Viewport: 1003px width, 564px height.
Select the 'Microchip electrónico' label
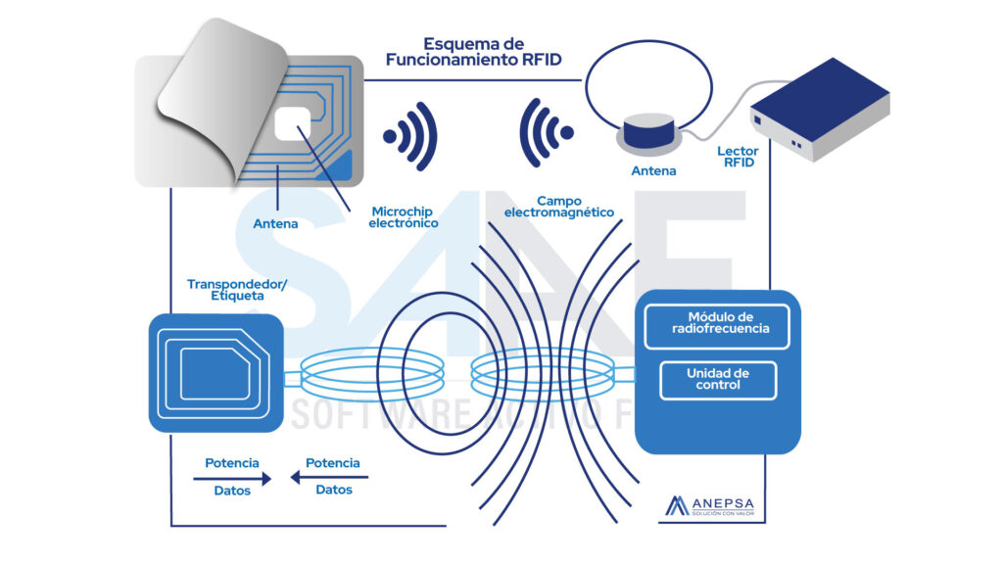point(404,216)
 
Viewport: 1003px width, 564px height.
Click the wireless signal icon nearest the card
point(411,134)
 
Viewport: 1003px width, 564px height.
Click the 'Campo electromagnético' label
point(558,206)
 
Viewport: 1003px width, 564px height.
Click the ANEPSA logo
point(710,506)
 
